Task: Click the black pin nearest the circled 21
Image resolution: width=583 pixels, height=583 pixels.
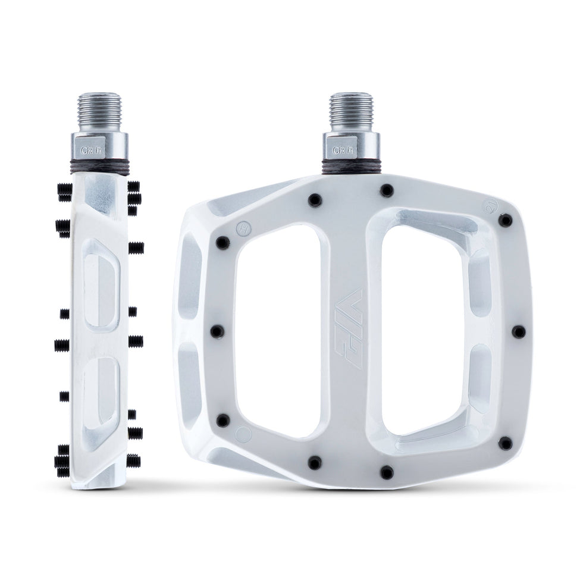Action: click(506, 221)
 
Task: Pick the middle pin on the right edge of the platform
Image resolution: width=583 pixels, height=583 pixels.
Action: click(519, 331)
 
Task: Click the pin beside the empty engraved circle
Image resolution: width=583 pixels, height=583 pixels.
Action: click(223, 421)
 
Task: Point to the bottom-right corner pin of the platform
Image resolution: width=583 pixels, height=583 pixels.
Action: click(505, 443)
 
